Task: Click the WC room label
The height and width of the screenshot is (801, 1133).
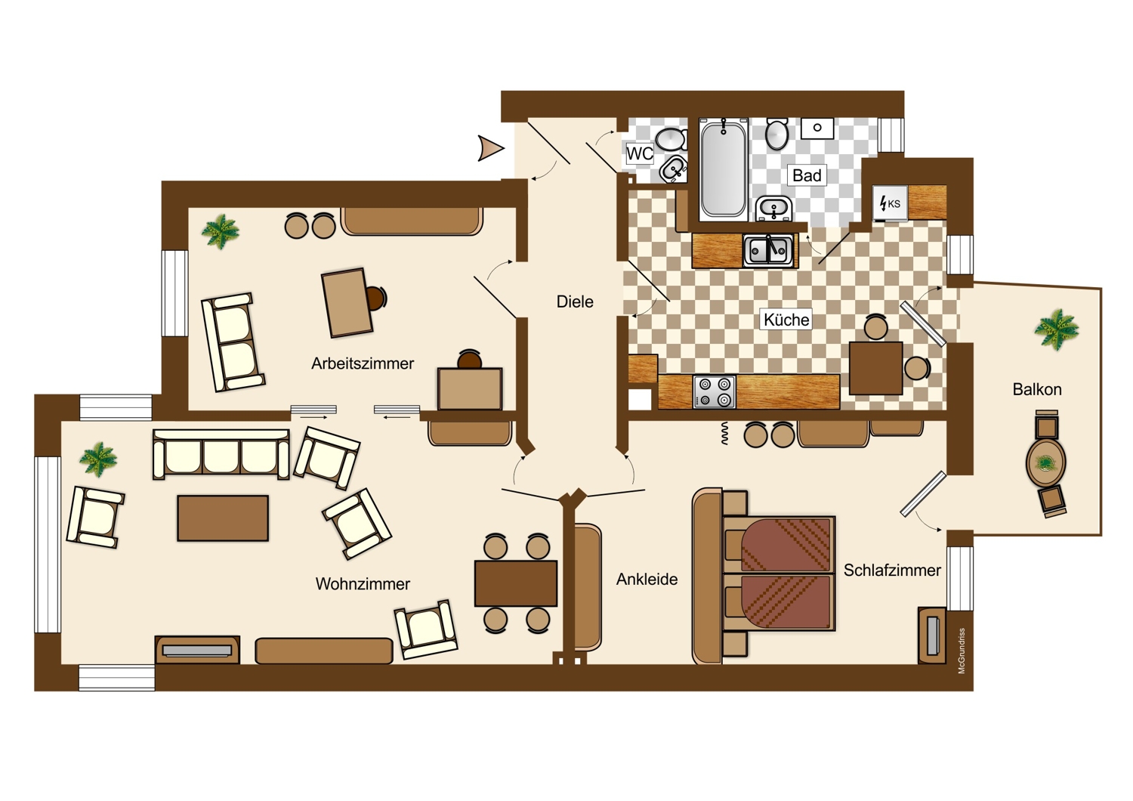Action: point(639,153)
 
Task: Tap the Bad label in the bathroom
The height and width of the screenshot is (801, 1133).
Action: point(807,175)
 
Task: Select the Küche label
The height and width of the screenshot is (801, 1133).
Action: point(786,320)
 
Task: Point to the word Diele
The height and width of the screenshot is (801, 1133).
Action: point(575,302)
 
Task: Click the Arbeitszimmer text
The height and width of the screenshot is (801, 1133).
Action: point(362,363)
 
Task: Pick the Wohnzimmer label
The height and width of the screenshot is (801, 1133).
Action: point(363,584)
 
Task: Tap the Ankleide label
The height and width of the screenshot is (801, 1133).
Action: point(647,580)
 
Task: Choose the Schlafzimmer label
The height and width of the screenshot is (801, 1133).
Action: point(892,571)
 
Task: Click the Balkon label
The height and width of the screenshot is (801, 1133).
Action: point(1037,389)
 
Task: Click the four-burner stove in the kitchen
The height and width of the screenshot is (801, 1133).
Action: point(715,392)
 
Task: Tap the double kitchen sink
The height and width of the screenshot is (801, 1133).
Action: point(768,251)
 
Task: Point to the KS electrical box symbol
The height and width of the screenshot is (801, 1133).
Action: point(891,203)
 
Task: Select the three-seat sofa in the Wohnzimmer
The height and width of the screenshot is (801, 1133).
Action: point(221,454)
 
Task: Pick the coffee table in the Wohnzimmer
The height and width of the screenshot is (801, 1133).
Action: point(223,518)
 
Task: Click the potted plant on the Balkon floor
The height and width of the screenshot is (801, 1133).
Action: point(1057,329)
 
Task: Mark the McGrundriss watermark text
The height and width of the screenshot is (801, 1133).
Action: point(962,651)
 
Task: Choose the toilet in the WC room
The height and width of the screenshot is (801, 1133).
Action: point(671,138)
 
